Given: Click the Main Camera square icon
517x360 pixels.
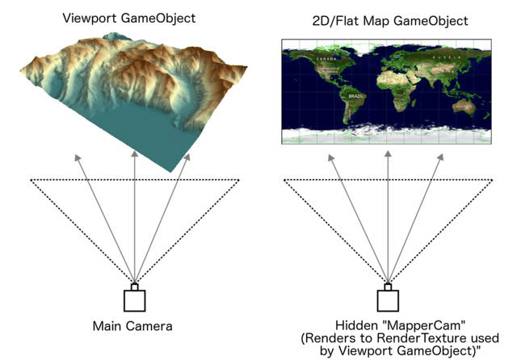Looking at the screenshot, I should pyautogui.click(x=135, y=299).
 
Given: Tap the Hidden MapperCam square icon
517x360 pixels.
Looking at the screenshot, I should pyautogui.click(x=388, y=299).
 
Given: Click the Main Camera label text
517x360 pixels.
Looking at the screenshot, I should pyautogui.click(x=135, y=327).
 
